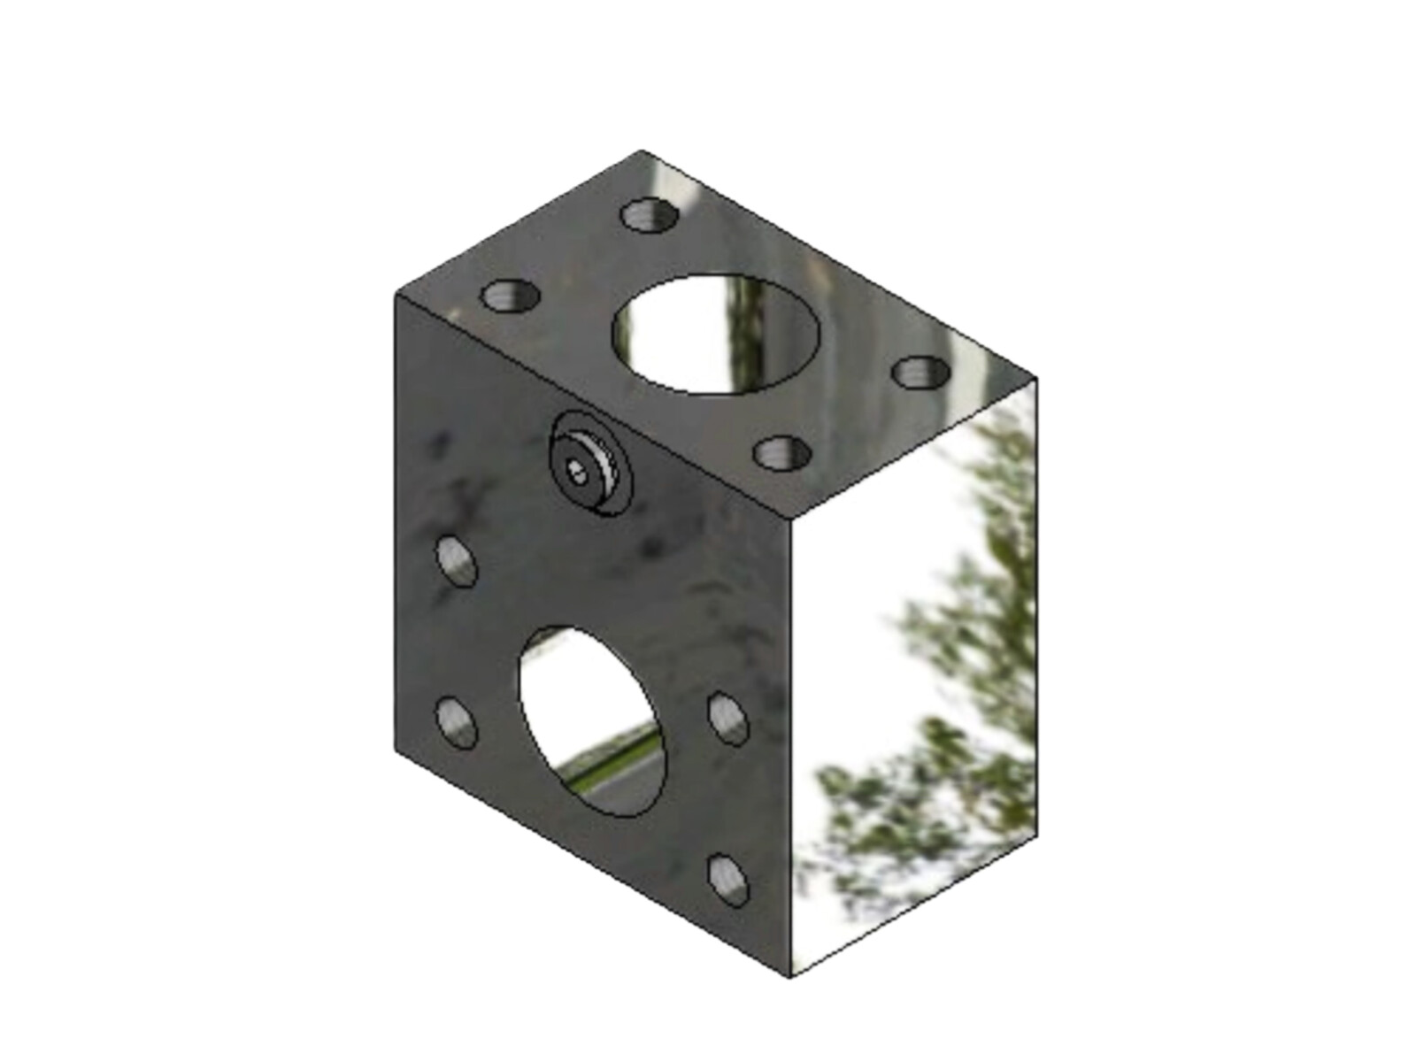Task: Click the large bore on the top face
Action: (x=716, y=334)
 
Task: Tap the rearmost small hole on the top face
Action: (x=650, y=215)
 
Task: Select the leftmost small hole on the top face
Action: (x=511, y=296)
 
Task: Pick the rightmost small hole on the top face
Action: (x=920, y=371)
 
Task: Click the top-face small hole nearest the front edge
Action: (x=782, y=453)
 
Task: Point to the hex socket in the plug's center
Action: (x=578, y=472)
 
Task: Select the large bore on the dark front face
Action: (x=594, y=721)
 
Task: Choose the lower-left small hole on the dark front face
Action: (x=457, y=722)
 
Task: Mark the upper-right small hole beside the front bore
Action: (x=728, y=718)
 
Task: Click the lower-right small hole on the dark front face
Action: (x=728, y=880)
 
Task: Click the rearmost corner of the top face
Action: (x=643, y=151)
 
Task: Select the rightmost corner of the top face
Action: (x=1036, y=379)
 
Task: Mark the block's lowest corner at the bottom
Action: (x=789, y=977)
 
